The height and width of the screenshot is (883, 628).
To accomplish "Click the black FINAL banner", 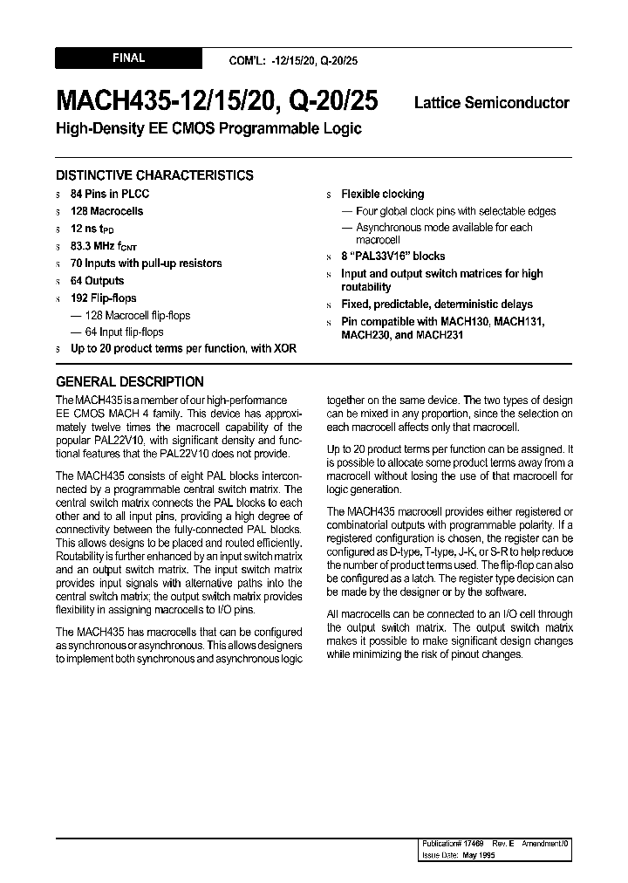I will point(128,58).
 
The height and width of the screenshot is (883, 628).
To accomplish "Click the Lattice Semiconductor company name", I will point(492,103).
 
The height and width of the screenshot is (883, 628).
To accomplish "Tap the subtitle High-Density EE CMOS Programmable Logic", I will point(208,129).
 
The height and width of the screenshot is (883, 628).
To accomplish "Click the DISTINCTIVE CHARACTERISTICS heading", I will point(154,175).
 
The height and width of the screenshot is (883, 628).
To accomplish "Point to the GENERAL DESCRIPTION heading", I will point(130,381).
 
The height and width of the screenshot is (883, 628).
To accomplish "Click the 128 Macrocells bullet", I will point(107,211).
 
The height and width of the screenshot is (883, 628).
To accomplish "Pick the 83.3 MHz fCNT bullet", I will point(104,247).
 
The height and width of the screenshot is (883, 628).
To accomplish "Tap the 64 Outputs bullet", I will point(98,281).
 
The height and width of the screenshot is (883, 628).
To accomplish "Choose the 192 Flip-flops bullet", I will point(104,298).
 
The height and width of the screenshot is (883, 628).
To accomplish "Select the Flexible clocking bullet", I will point(382,194).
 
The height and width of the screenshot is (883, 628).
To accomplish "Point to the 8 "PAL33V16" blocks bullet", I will point(392,257).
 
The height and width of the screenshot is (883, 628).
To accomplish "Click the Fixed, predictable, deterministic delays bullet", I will point(436,305).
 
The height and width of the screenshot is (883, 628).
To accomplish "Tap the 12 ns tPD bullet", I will point(92,229).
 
